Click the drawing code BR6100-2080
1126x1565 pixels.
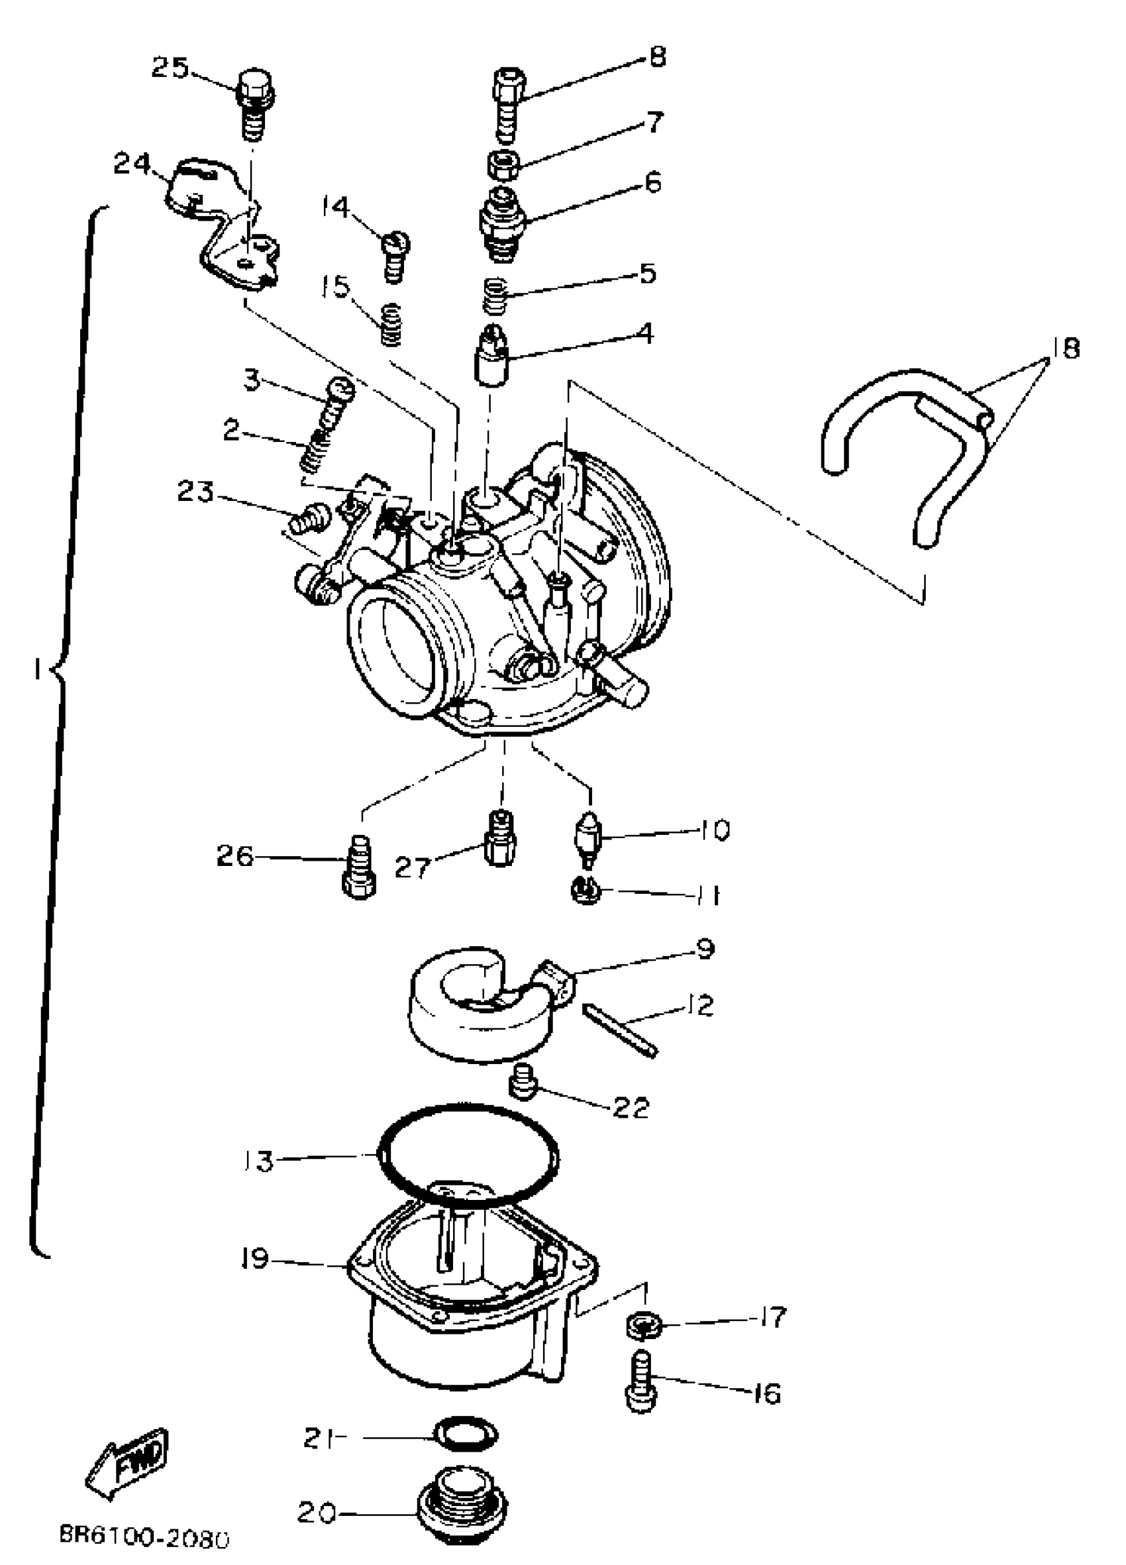coord(144,1537)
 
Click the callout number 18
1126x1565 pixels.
coord(1066,349)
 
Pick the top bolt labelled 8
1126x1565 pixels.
coord(509,103)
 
